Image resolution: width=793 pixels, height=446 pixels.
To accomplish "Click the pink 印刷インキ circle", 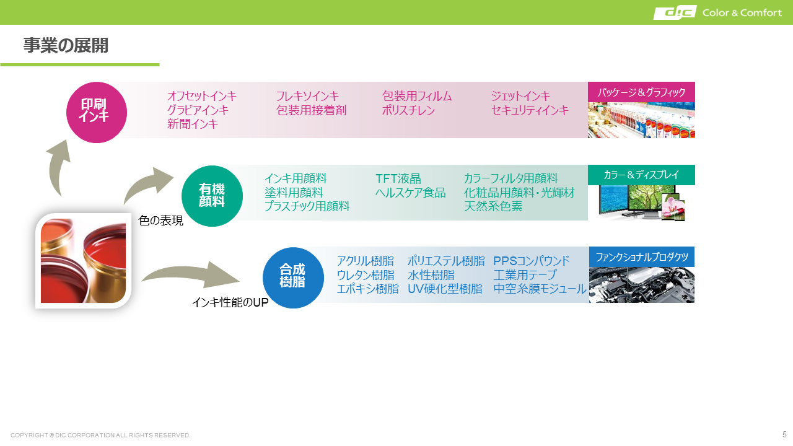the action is [97, 113].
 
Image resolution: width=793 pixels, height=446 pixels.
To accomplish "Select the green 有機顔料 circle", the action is [212, 196].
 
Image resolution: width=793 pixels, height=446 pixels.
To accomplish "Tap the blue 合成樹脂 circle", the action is [293, 278].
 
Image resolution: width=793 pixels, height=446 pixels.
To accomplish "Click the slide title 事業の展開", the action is [66, 46].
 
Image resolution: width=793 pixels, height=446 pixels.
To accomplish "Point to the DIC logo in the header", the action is [675, 12].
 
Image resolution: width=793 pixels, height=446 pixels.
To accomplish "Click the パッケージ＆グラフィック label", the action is [641, 92].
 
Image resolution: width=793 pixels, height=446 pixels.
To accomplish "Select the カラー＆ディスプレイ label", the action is [641, 175].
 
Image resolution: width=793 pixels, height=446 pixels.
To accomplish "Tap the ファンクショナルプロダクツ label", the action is [641, 257].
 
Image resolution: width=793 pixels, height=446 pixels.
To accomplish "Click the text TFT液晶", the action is [398, 179].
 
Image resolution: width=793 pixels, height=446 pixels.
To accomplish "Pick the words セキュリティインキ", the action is [530, 110].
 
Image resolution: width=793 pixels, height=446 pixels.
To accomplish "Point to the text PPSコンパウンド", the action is [532, 261].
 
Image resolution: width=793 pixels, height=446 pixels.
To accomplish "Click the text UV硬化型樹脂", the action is [445, 289].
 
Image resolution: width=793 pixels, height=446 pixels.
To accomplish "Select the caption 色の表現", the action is [160, 221].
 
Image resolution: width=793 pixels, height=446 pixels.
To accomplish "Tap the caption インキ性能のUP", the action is [230, 302].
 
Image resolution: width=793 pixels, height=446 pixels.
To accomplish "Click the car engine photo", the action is [641, 284].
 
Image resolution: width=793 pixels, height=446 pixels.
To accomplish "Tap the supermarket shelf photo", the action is [641, 120].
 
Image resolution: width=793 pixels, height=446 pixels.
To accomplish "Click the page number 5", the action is [784, 434].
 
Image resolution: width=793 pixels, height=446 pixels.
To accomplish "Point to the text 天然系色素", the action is [493, 206].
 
